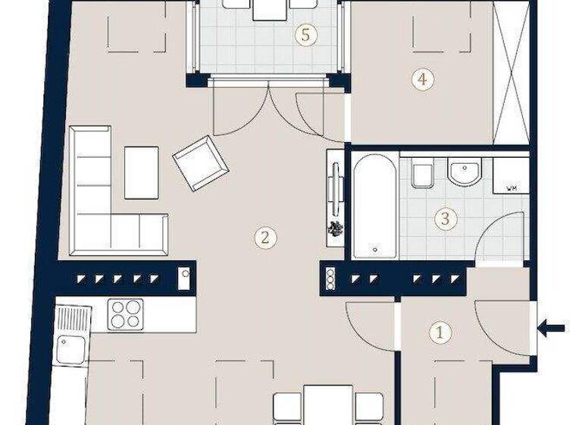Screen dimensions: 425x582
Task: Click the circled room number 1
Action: [438, 332]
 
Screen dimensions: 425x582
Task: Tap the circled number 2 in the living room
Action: [264, 238]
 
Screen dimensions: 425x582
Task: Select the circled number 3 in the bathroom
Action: [446, 219]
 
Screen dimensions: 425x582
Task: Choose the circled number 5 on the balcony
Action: [305, 35]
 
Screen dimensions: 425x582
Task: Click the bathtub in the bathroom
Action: [374, 206]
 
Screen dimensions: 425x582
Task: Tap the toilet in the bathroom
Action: [421, 175]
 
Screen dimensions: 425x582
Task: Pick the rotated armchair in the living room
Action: [201, 162]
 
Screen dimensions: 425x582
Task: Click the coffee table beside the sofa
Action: [141, 172]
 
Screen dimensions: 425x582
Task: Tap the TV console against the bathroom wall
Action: [335, 197]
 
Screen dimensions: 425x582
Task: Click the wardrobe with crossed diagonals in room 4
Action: [510, 72]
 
